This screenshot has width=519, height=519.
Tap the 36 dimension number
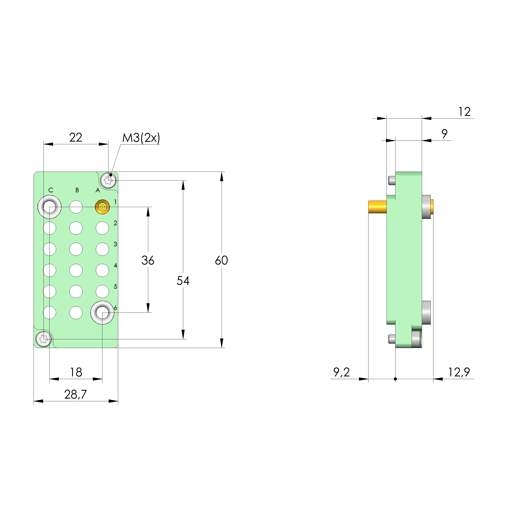[x=148, y=260]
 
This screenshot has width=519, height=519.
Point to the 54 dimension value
[x=183, y=281]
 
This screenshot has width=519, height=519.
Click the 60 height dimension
[x=221, y=260]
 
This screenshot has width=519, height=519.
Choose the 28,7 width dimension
[x=75, y=394]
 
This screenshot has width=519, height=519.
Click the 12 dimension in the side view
[x=464, y=112]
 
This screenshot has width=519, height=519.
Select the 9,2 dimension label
[x=341, y=372]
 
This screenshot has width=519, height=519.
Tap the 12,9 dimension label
[x=459, y=372]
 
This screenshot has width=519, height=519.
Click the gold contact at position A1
[x=102, y=207]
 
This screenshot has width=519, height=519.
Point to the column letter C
[x=51, y=190]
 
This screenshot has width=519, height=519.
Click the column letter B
[x=77, y=190]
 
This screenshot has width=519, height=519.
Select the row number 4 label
[x=115, y=266]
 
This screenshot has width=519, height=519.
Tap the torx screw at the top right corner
[x=108, y=180]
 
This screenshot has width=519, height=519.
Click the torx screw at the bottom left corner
[x=44, y=339]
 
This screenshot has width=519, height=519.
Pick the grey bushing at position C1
[x=49, y=207]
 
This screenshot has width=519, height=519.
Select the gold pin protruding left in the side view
[x=377, y=207]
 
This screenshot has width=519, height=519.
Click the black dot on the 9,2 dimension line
[x=395, y=379]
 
